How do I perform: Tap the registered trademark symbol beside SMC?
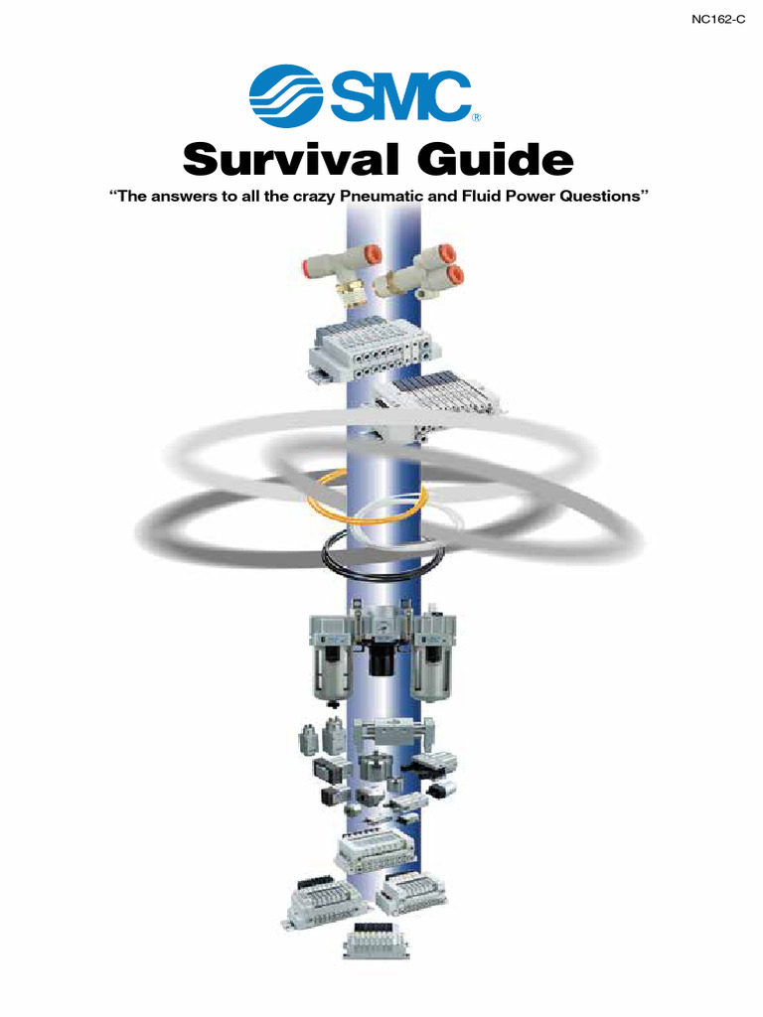click(476, 118)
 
